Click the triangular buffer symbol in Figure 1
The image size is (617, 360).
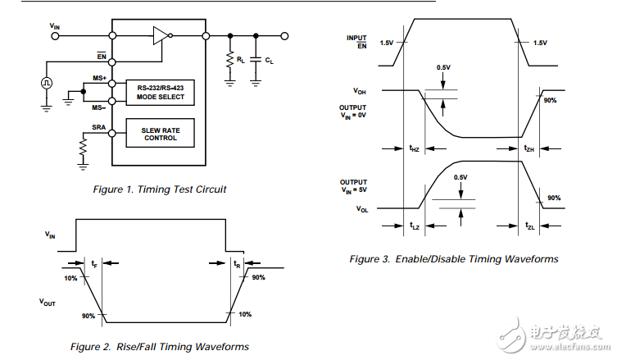[x=160, y=35]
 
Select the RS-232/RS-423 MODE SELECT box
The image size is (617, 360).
[x=161, y=93]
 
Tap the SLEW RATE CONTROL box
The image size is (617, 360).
[x=161, y=133]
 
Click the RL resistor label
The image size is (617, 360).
[x=240, y=60]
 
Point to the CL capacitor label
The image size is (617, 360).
[x=270, y=61]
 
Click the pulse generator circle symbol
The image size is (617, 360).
[x=47, y=82]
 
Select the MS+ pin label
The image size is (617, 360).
[x=100, y=77]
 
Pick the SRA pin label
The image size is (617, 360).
[x=99, y=127]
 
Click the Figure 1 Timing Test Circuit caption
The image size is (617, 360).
[x=160, y=189]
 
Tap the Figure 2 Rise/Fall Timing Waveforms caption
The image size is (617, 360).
[x=160, y=347]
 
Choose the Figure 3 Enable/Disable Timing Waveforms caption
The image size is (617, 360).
[x=454, y=259]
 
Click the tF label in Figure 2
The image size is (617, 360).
[x=95, y=263]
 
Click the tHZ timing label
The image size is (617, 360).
[x=415, y=148]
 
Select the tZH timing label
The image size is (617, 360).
[x=529, y=148]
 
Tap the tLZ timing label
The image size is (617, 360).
[x=415, y=225]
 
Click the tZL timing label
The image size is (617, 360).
[x=529, y=225]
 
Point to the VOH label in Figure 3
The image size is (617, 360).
[x=360, y=91]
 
